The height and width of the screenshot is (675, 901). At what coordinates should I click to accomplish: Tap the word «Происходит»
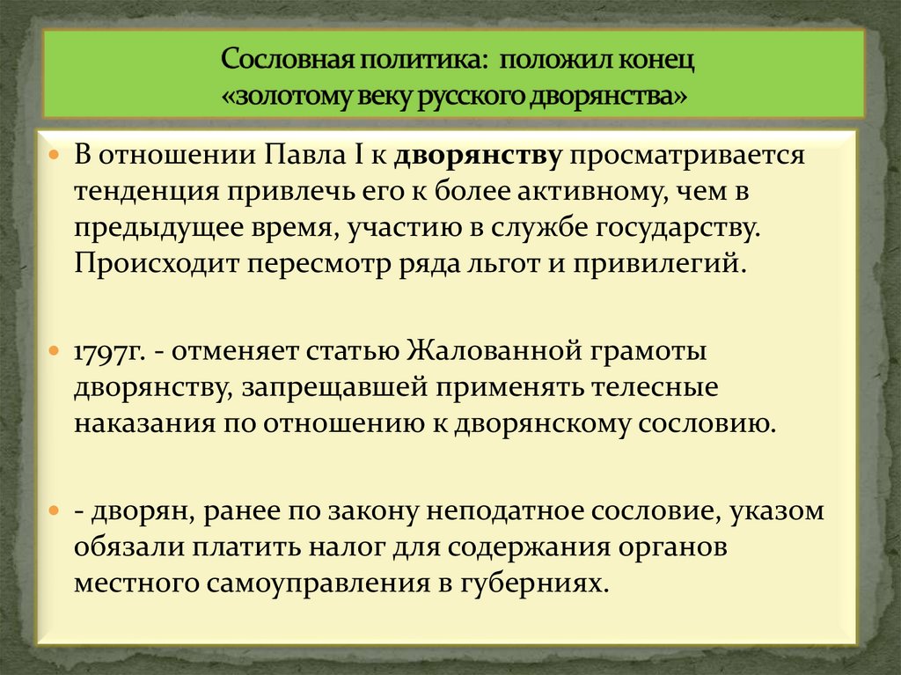pos(149,264)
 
